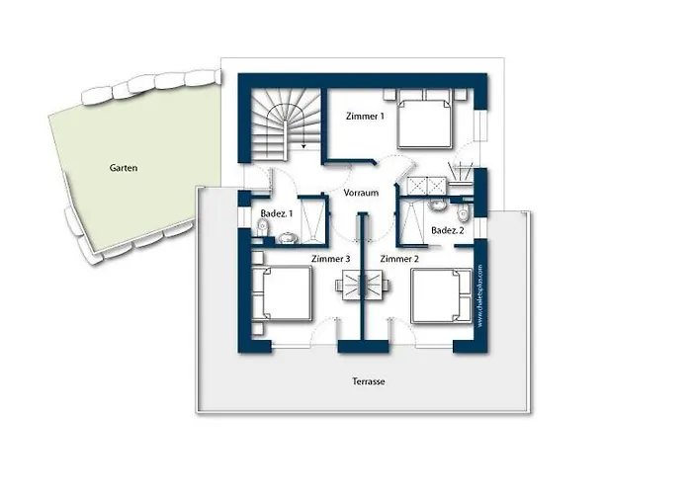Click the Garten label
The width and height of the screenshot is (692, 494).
pyautogui.click(x=124, y=168)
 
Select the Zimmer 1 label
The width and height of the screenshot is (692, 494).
pyautogui.click(x=365, y=116)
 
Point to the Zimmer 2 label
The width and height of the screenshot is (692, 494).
pyautogui.click(x=399, y=258)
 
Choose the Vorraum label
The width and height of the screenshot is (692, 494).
pyautogui.click(x=362, y=194)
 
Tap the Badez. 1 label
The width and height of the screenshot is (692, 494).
pyautogui.click(x=276, y=213)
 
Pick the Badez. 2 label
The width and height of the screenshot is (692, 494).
pyautogui.click(x=447, y=230)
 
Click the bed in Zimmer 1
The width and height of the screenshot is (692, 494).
pyautogui.click(x=426, y=125)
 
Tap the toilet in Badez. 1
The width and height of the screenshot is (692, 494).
pyautogui.click(x=261, y=228)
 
